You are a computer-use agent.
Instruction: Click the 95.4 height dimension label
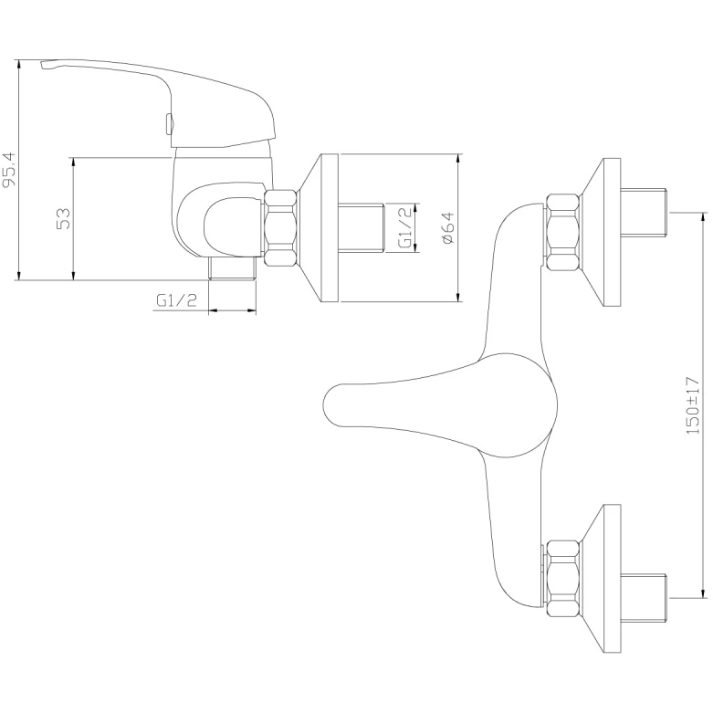pyautogui.click(x=10, y=170)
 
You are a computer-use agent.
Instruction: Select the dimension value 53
pyautogui.click(x=64, y=218)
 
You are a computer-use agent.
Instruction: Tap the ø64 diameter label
pyautogui.click(x=447, y=228)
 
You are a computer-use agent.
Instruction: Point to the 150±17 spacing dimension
pyautogui.click(x=692, y=405)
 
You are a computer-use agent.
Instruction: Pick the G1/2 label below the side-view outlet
pyautogui.click(x=177, y=300)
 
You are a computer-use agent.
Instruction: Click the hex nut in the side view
pyautogui.click(x=280, y=228)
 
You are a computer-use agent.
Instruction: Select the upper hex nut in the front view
pyautogui.click(x=563, y=233)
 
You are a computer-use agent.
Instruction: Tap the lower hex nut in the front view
pyautogui.click(x=563, y=579)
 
